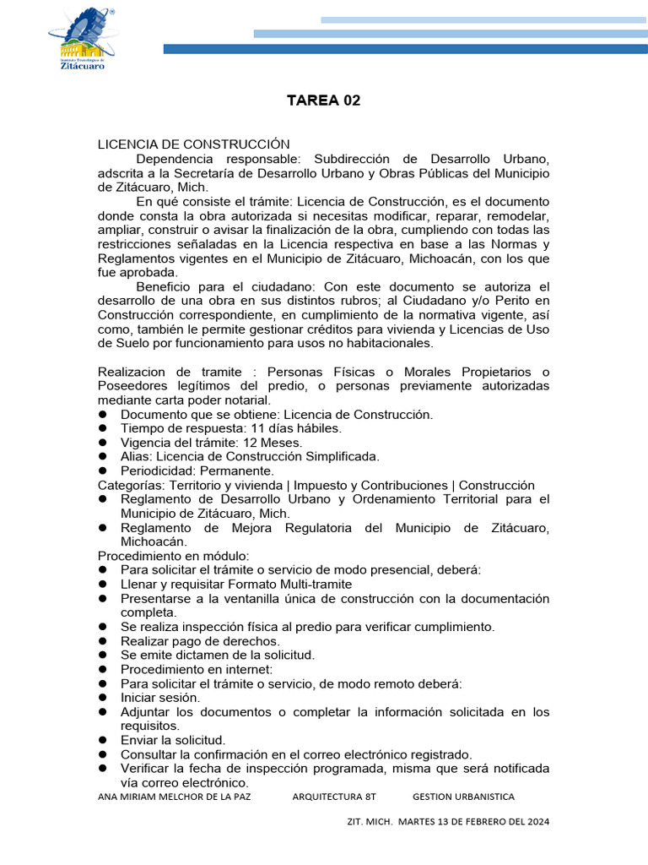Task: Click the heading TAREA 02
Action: coord(323,101)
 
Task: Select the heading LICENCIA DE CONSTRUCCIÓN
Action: coord(193,144)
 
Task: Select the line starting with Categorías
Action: coord(316,485)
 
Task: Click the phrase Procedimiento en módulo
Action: coord(174,556)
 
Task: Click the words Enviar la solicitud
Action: coord(173,740)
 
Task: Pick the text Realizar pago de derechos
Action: coord(188,641)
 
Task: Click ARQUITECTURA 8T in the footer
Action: coord(333,797)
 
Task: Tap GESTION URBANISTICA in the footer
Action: coord(463,797)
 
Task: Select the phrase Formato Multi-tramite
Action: coord(283,584)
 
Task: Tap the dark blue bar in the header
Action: coord(405,49)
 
